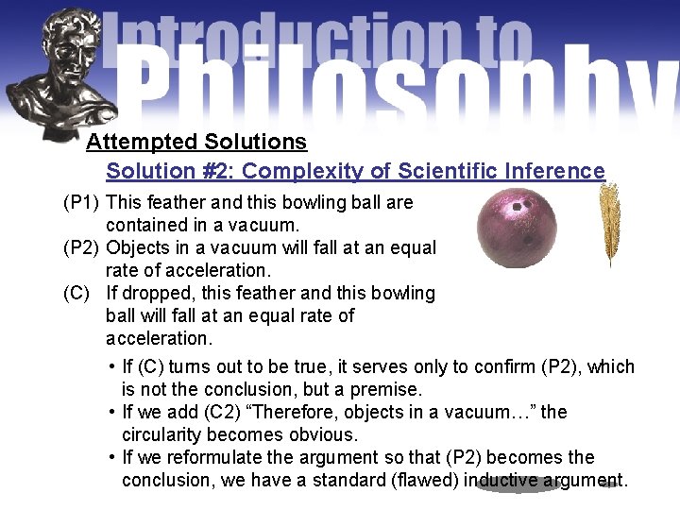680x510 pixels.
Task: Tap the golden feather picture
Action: point(610,225)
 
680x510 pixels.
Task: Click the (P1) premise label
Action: point(82,202)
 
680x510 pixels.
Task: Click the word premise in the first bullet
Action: point(387,389)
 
